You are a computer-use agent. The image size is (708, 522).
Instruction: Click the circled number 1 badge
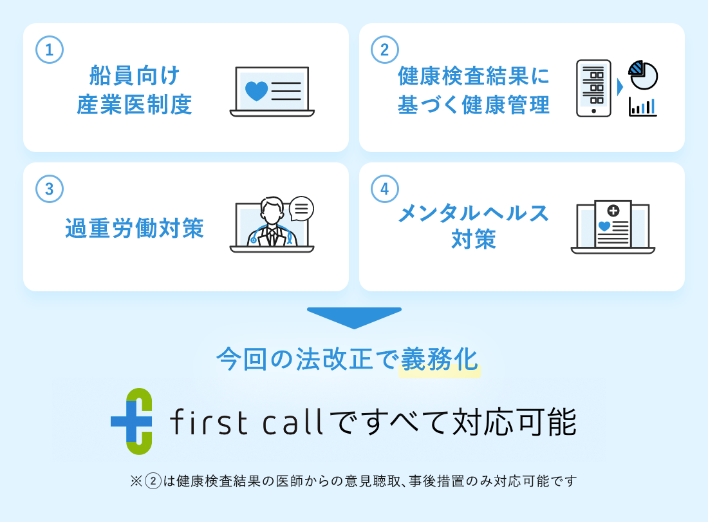click(50, 50)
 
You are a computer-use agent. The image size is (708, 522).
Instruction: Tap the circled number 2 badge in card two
click(385, 50)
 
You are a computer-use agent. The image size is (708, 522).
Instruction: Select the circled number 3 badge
click(50, 189)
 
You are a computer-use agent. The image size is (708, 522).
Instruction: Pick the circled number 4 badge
click(385, 189)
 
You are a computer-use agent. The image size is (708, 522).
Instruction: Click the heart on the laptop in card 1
click(256, 90)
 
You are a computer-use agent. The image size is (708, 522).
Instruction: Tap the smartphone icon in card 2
click(593, 88)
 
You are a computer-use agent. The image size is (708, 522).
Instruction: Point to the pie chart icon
click(643, 75)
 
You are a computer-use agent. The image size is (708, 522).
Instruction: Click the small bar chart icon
click(643, 107)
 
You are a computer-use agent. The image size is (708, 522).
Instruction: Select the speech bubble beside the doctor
click(301, 208)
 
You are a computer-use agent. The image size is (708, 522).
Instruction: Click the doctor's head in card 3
click(272, 209)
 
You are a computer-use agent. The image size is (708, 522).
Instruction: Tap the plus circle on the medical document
click(613, 210)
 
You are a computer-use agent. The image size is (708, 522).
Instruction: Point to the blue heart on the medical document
click(604, 226)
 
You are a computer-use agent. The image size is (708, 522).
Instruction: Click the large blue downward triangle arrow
click(354, 318)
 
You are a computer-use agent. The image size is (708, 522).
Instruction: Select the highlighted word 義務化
click(440, 359)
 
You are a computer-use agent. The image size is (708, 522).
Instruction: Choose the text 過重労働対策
click(135, 228)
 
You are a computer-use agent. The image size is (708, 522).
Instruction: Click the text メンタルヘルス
click(474, 213)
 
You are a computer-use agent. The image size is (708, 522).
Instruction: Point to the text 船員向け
click(135, 75)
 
